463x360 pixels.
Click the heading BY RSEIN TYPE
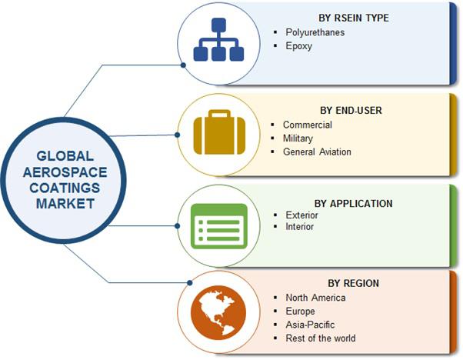pyautogui.click(x=354, y=18)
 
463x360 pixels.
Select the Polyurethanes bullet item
pyautogui.click(x=315, y=32)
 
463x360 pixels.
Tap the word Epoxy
pyautogui.click(x=299, y=46)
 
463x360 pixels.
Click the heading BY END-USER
pyautogui.click(x=351, y=111)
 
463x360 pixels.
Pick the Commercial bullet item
pyautogui.click(x=308, y=125)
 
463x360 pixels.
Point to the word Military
pyautogui.click(x=298, y=138)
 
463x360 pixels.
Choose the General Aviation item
pyautogui.click(x=317, y=152)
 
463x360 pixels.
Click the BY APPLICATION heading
pyautogui.click(x=354, y=204)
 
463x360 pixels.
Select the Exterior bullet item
pyautogui.click(x=301, y=215)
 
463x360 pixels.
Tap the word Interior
pyautogui.click(x=299, y=226)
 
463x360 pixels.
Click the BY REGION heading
pyautogui.click(x=354, y=283)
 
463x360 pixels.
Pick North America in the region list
pyautogui.click(x=315, y=298)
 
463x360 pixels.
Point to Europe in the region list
pyautogui.click(x=300, y=312)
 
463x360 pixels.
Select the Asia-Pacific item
pyautogui.click(x=310, y=325)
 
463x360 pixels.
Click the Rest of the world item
pyautogui.click(x=321, y=338)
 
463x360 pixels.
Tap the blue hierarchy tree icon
pyautogui.click(x=218, y=39)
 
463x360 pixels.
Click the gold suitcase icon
pyautogui.click(x=219, y=132)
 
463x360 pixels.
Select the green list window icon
pyautogui.click(x=219, y=226)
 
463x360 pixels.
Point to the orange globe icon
pyautogui.click(x=218, y=312)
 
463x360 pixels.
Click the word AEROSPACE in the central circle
pyautogui.click(x=65, y=172)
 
